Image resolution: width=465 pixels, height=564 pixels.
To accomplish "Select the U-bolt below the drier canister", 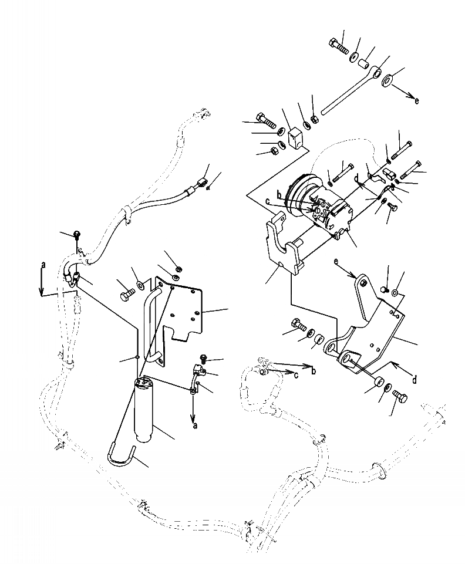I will [x=122, y=457].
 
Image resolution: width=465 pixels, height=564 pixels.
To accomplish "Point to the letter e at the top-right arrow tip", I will [x=417, y=100].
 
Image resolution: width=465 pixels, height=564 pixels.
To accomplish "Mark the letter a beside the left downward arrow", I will [x=42, y=265].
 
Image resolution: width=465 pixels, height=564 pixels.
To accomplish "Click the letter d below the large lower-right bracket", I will [x=415, y=380].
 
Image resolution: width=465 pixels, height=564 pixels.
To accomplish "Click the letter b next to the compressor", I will [x=280, y=194].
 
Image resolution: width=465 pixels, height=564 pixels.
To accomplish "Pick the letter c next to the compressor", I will [x=268, y=201].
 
